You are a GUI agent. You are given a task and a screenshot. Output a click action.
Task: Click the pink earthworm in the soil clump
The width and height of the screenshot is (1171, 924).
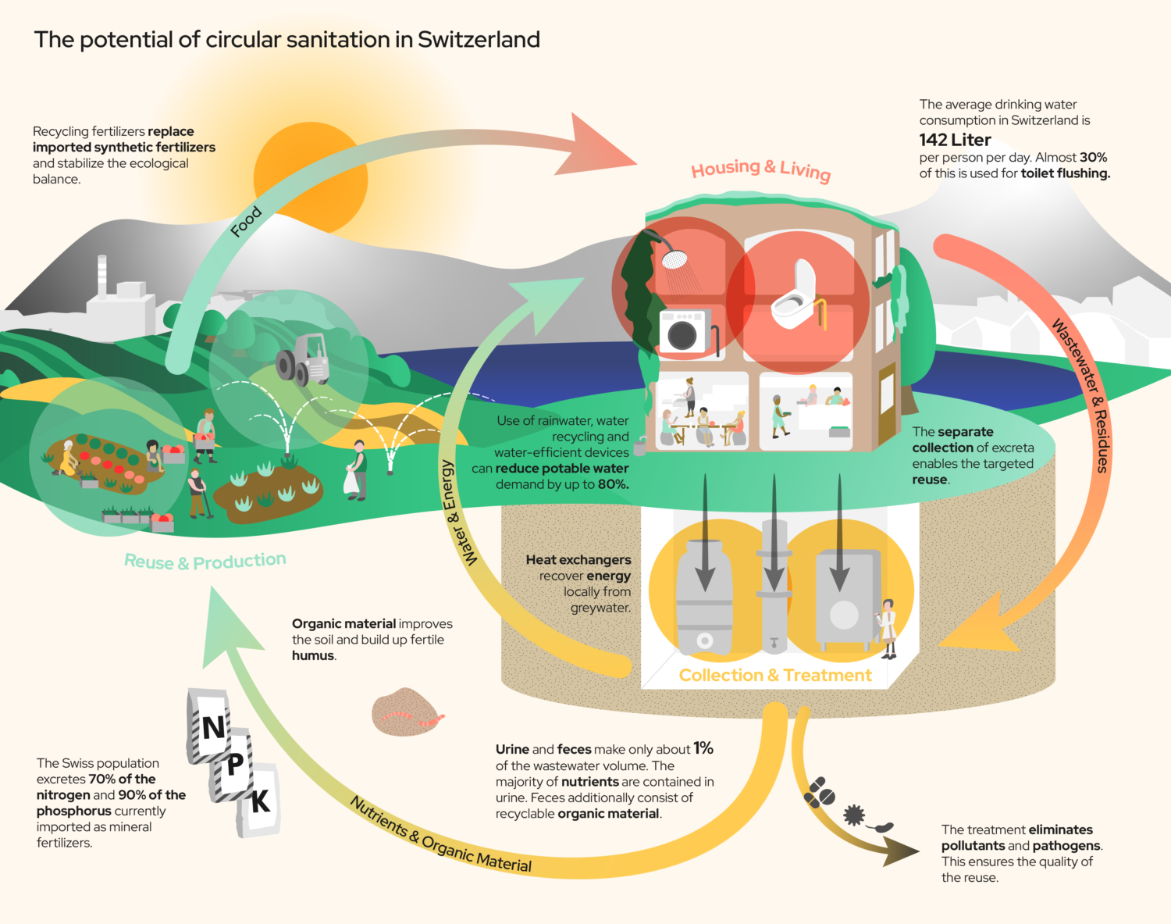(x=414, y=718)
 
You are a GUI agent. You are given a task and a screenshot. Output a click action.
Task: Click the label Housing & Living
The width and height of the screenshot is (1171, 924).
(x=760, y=169)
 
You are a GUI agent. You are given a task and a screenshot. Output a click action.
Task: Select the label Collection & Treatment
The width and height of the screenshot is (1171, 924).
(x=775, y=675)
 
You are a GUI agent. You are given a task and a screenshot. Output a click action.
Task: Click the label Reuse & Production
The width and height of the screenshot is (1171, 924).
(x=205, y=561)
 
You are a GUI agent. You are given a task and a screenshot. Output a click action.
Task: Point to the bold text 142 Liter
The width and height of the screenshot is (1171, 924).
(x=955, y=140)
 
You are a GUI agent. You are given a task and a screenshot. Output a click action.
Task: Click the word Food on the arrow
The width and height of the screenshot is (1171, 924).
(x=245, y=222)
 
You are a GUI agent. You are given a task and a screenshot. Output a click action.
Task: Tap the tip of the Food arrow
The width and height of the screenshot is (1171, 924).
(x=637, y=162)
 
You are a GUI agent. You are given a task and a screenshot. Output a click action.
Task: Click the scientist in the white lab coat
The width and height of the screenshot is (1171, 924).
(x=887, y=628)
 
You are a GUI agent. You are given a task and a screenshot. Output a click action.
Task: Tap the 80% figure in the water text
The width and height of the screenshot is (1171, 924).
(x=614, y=484)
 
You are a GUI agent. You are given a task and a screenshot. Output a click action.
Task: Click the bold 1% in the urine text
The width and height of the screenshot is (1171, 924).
(x=703, y=749)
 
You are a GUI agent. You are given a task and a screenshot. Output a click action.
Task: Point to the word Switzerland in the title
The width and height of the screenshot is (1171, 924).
(x=479, y=39)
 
